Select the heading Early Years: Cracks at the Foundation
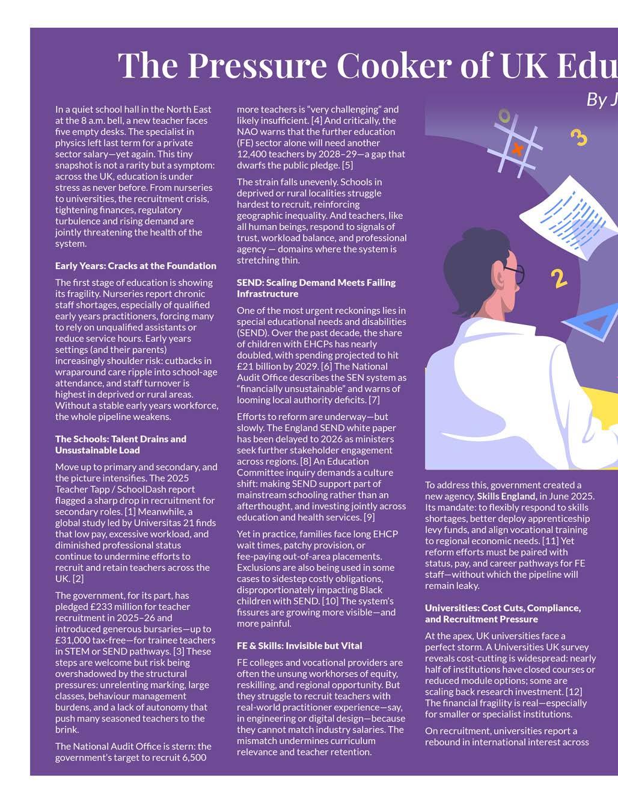[135, 266]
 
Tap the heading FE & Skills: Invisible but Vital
[299, 646]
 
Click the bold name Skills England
[506, 496]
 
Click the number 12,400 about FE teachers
[252, 154]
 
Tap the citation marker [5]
[347, 165]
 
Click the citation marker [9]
[369, 517]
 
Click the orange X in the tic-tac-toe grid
[517, 148]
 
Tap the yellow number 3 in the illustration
[578, 137]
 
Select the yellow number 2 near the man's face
[559, 278]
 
